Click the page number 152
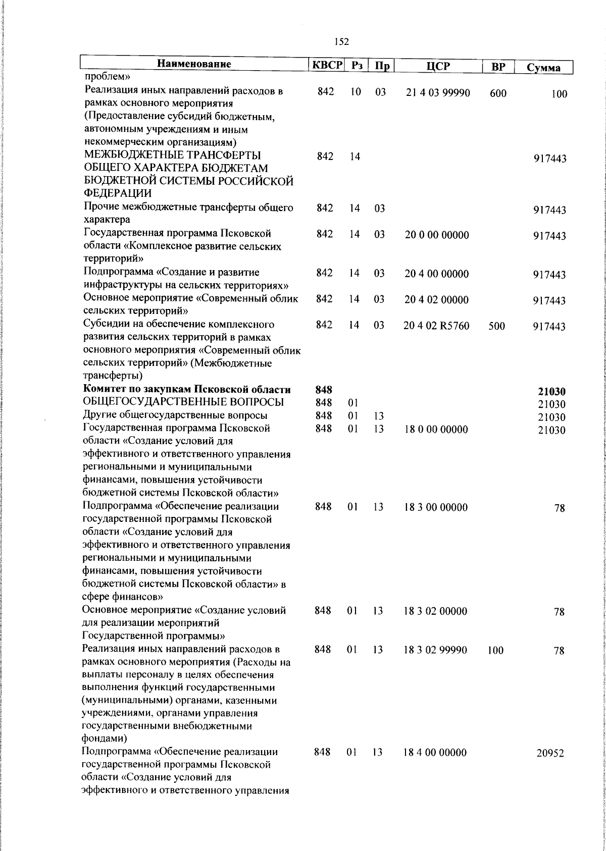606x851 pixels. coord(342,42)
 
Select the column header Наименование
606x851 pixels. coord(194,64)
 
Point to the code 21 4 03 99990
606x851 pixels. coord(438,93)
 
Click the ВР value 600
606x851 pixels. coord(497,93)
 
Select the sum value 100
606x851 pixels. coord(559,94)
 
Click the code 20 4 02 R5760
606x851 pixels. coord(436,326)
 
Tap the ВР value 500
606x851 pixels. coord(496,327)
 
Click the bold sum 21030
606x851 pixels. coord(551,391)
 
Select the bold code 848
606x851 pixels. coord(324,390)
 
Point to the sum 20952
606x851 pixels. coord(550,754)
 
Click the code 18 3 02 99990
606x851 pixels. coord(435,650)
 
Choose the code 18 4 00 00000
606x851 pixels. coord(435,753)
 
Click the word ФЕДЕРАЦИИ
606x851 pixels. coord(117,193)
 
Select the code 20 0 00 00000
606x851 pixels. coord(437,235)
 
